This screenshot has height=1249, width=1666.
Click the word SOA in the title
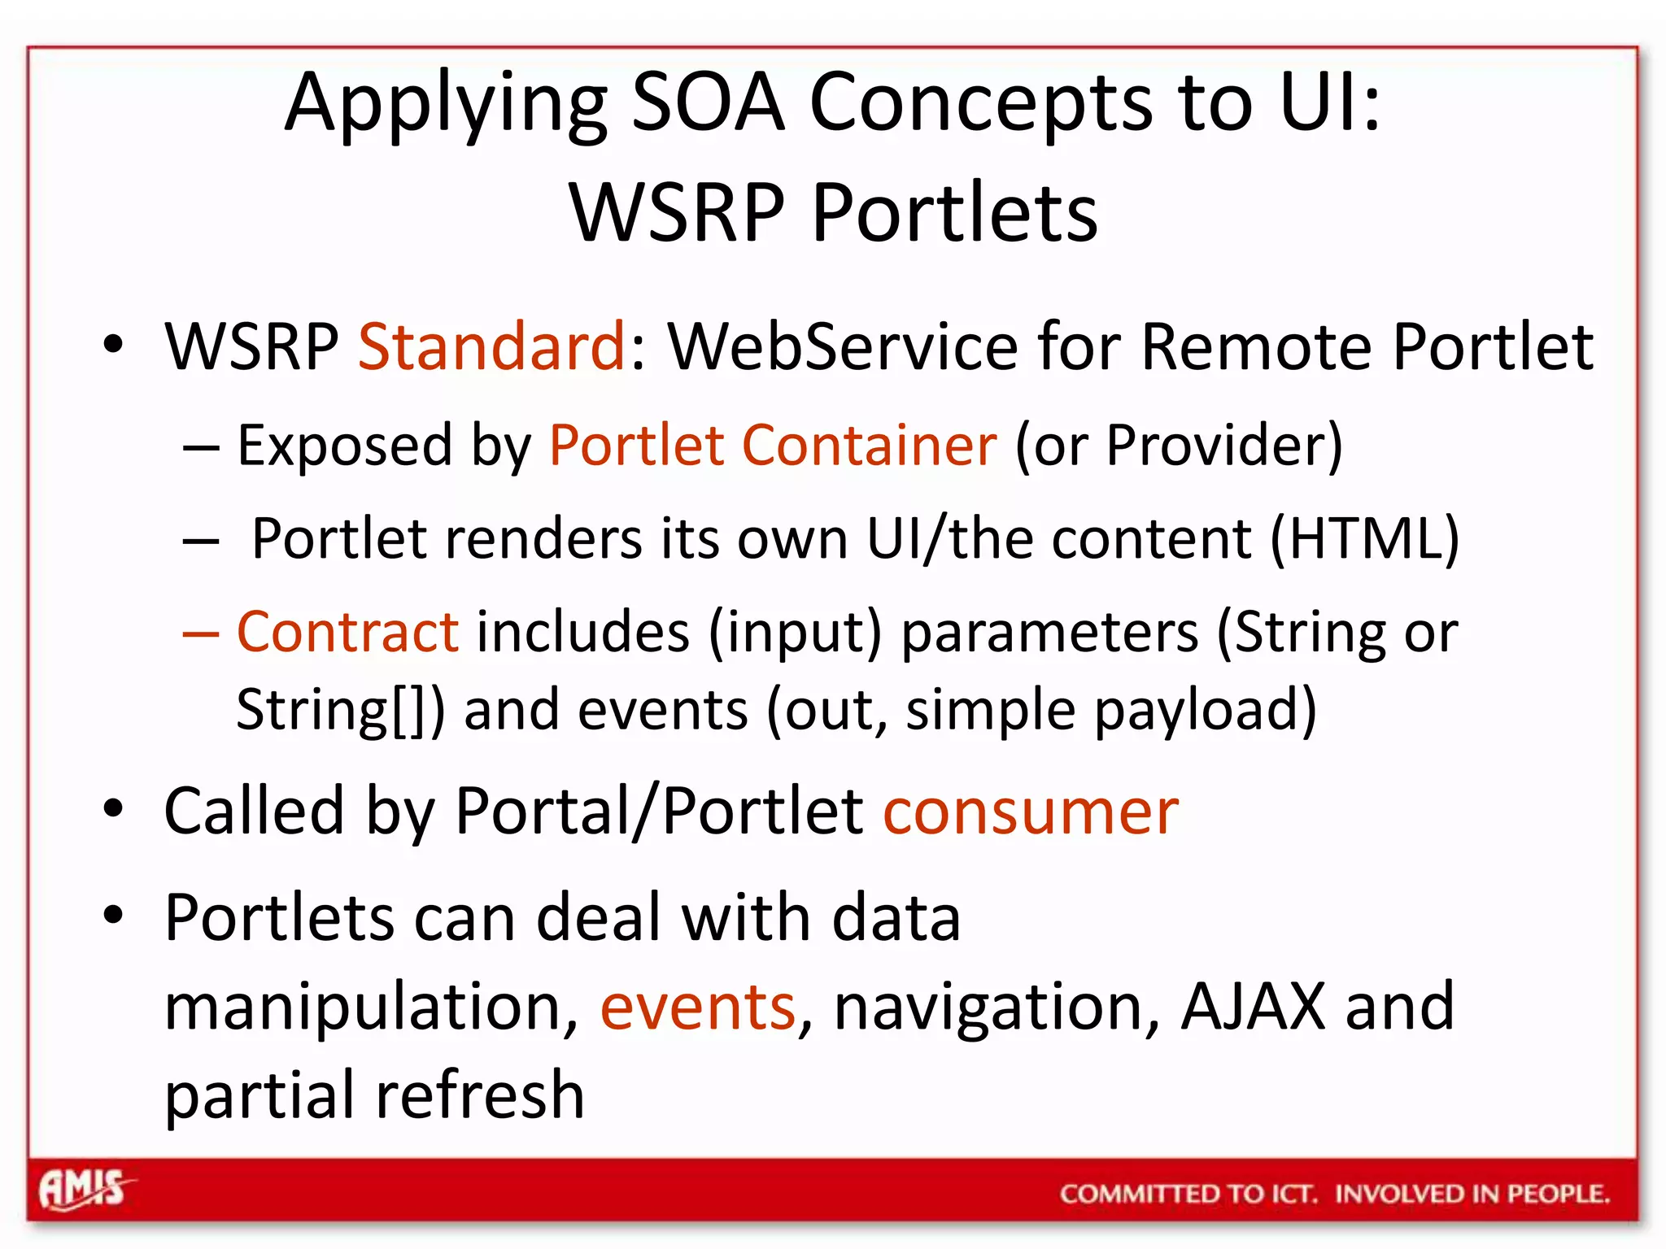tap(709, 103)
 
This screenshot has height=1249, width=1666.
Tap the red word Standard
tap(491, 347)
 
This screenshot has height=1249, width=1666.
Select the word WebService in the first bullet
tap(843, 347)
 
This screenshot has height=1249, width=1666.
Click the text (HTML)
tap(1364, 539)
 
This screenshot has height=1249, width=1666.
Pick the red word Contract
tap(348, 632)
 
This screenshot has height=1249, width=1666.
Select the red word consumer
tap(1031, 812)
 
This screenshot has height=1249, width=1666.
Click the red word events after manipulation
tap(698, 1007)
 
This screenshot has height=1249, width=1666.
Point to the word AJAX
tap(1254, 1007)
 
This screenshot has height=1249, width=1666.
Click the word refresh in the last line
tap(480, 1095)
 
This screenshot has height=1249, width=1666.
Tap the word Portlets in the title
tap(955, 213)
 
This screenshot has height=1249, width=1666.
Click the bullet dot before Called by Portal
tap(113, 809)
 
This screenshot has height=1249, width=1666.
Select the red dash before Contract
tap(201, 633)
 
